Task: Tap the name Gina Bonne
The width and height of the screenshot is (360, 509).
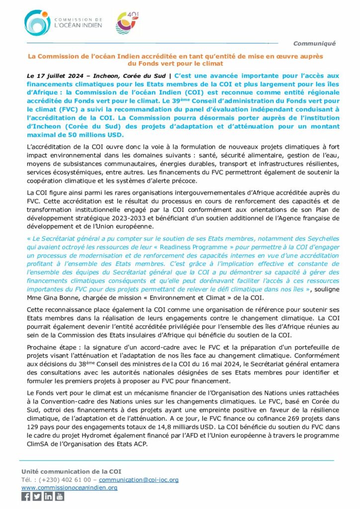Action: click(61, 297)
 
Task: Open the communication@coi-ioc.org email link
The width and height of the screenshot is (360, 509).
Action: click(139, 480)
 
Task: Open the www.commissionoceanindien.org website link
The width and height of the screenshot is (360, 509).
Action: click(69, 488)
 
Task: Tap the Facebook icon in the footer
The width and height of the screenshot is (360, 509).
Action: click(26, 496)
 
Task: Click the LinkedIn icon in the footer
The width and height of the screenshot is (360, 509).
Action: click(48, 496)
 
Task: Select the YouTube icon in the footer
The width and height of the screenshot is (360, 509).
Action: click(59, 496)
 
